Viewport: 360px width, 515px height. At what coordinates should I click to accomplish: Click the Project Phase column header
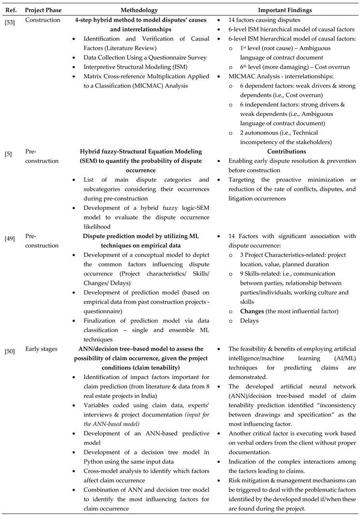43,10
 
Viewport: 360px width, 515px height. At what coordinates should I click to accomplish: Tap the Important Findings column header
288,10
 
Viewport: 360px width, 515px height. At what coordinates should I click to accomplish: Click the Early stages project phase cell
41,349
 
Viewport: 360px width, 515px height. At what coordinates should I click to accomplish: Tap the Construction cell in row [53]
43,20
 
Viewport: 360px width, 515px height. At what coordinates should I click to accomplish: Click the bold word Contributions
288,151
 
